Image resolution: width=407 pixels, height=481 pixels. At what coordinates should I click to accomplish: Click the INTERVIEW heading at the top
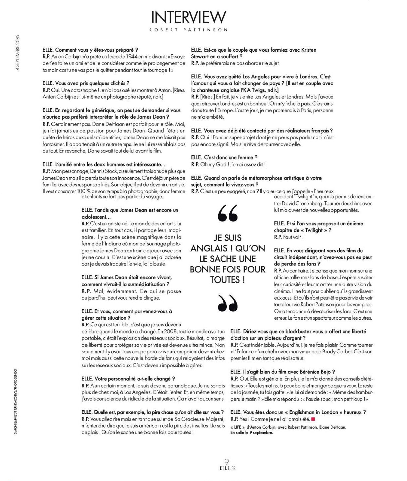188,17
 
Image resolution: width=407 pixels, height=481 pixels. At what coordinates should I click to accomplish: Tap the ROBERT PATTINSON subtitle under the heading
188,30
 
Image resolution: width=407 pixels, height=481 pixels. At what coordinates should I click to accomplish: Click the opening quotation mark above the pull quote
228,213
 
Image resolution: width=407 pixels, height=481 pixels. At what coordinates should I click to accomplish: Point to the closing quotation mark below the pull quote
228,303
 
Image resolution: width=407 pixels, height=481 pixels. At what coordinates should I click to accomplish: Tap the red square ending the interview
313,419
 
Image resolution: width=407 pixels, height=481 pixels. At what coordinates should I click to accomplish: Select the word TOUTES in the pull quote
225,280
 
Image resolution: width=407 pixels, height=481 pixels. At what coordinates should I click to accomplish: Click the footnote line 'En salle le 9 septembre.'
252,432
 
